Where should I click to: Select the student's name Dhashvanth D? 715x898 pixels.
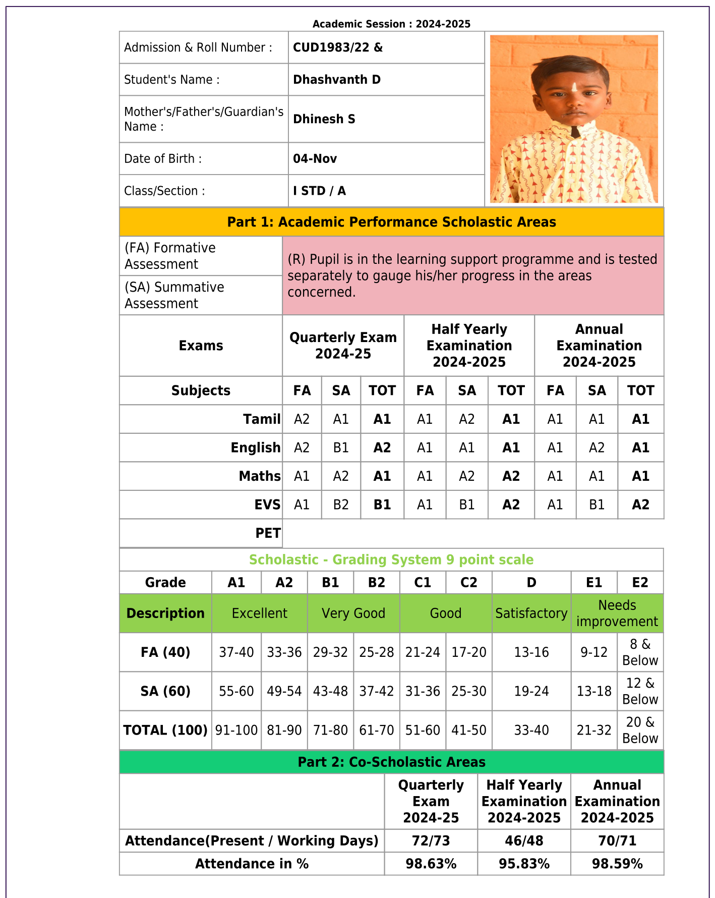pyautogui.click(x=336, y=80)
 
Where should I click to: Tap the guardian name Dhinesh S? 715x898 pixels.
pyautogui.click(x=324, y=119)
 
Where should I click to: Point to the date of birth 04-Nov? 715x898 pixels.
pyautogui.click(x=315, y=159)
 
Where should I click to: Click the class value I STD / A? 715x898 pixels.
pyautogui.click(x=319, y=191)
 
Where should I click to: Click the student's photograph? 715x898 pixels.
pyautogui.click(x=574, y=119)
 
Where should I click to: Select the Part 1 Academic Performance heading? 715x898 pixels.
pyautogui.click(x=391, y=222)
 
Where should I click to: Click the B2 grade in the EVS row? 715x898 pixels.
pyautogui.click(x=341, y=505)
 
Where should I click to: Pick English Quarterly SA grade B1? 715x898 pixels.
pyautogui.click(x=341, y=448)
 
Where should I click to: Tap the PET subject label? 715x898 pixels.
pyautogui.click(x=268, y=533)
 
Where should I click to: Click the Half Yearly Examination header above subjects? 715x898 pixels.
pyautogui.click(x=469, y=346)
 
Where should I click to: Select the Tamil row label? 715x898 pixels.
pyautogui.click(x=261, y=419)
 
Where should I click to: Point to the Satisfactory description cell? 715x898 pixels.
pyautogui.click(x=531, y=613)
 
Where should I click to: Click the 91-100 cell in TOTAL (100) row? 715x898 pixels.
pyautogui.click(x=236, y=731)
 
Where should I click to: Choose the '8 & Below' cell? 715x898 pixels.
pyautogui.click(x=640, y=652)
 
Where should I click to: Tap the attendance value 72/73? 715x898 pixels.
pyautogui.click(x=431, y=841)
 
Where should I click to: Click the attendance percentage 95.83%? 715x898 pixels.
pyautogui.click(x=524, y=864)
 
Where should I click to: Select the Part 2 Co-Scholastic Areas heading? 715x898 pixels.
pyautogui.click(x=391, y=762)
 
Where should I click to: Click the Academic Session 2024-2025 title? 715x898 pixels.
pyautogui.click(x=391, y=24)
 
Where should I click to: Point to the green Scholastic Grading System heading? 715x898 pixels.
pyautogui.click(x=391, y=560)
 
